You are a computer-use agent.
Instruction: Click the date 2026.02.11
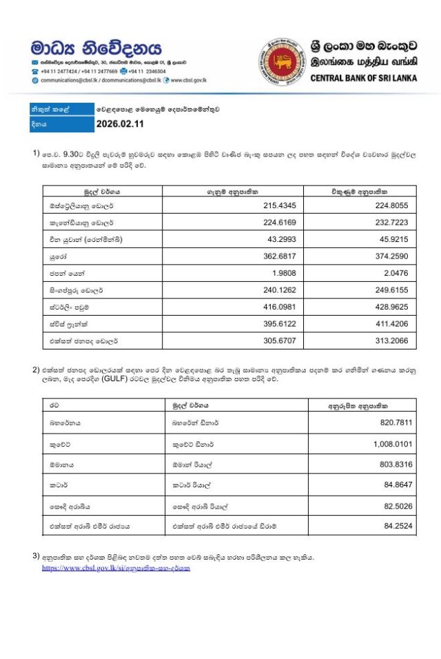coord(121,125)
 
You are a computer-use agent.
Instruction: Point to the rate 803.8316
coord(393,465)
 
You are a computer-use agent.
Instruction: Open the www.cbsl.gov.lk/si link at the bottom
coord(116,569)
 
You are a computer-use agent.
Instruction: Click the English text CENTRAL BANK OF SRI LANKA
coord(363,78)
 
